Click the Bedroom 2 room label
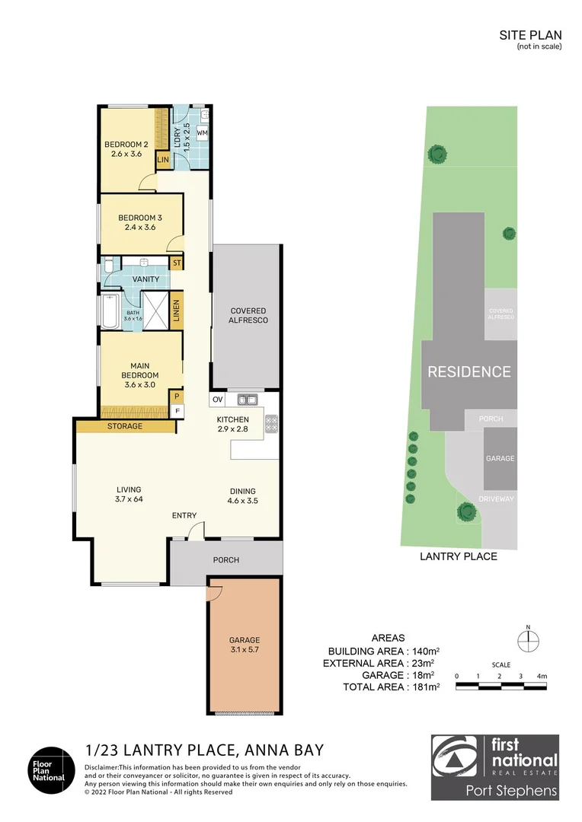pyautogui.click(x=126, y=144)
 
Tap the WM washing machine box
pyautogui.click(x=202, y=133)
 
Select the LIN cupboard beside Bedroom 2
pyautogui.click(x=163, y=160)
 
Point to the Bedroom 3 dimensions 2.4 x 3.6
pyautogui.click(x=140, y=227)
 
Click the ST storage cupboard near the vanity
pyautogui.click(x=177, y=263)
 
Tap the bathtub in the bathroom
pyautogui.click(x=110, y=313)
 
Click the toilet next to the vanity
pyautogui.click(x=109, y=266)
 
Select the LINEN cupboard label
pyautogui.click(x=176, y=311)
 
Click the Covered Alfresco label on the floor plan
pyautogui.click(x=248, y=315)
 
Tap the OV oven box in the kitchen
pyautogui.click(x=217, y=400)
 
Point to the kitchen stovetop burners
pyautogui.click(x=271, y=424)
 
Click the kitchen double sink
pyautogui.click(x=248, y=400)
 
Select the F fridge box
pyautogui.click(x=177, y=411)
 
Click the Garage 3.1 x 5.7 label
pyautogui.click(x=245, y=645)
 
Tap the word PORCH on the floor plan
pyautogui.click(x=226, y=560)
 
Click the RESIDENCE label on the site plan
pyautogui.click(x=469, y=371)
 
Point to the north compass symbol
pyautogui.click(x=528, y=640)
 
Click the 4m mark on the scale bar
pyautogui.click(x=542, y=677)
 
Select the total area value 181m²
pyautogui.click(x=426, y=687)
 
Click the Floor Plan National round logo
pyautogui.click(x=52, y=770)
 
